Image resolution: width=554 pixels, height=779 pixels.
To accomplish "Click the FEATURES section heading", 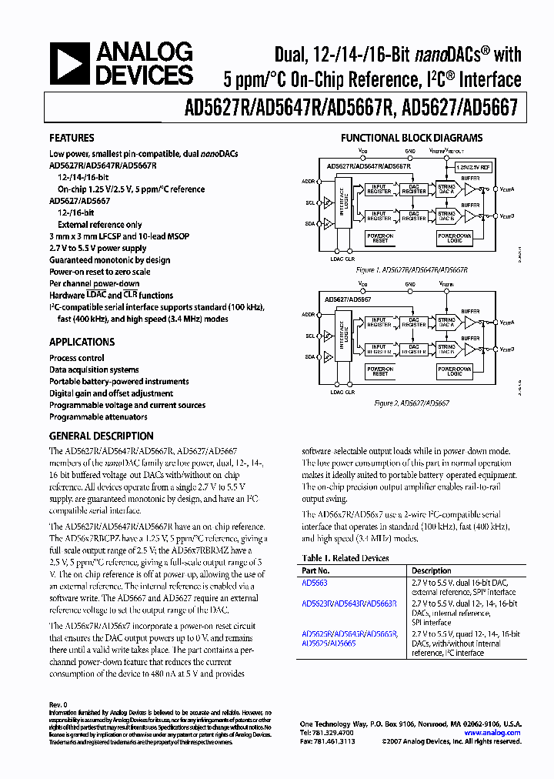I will [72, 139].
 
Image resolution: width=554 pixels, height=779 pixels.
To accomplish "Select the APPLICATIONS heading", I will [82, 343].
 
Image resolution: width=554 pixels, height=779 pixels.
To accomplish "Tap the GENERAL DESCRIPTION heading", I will [101, 436].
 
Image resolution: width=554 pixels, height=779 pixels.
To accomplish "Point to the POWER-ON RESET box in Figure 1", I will [381, 238].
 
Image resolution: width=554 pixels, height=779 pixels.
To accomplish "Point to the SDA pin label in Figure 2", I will [309, 356].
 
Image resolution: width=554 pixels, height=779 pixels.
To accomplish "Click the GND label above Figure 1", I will [409, 152].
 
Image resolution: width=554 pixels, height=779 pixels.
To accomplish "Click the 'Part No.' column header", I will [315, 571].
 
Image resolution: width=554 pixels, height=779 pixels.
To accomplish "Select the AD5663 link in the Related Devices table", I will [315, 583].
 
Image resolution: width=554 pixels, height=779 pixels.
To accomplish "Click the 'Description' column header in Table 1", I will [431, 571].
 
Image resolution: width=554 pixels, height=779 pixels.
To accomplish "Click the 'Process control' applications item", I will [77, 358].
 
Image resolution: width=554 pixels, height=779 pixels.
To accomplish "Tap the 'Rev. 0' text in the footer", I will [59, 704].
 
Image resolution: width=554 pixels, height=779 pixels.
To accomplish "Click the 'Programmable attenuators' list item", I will [98, 416].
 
